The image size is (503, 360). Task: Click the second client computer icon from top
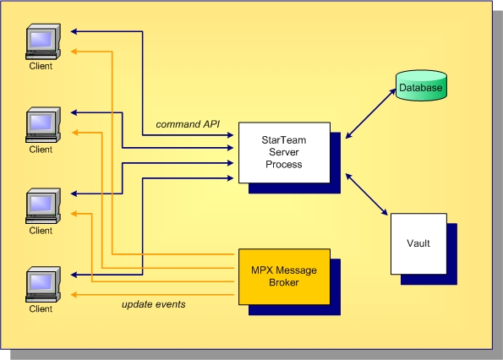pos(41,123)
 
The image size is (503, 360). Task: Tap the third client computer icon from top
pos(41,204)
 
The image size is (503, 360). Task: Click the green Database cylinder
pos(421,85)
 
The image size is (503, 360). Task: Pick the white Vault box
pos(418,243)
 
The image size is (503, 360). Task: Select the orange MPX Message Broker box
pos(284,276)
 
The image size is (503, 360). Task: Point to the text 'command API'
pos(188,125)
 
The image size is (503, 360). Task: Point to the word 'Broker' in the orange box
pos(284,282)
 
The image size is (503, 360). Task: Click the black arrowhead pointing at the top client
pos(74,32)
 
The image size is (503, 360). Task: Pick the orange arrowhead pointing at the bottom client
pos(74,294)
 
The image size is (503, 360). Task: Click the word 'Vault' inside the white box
pos(418,243)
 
